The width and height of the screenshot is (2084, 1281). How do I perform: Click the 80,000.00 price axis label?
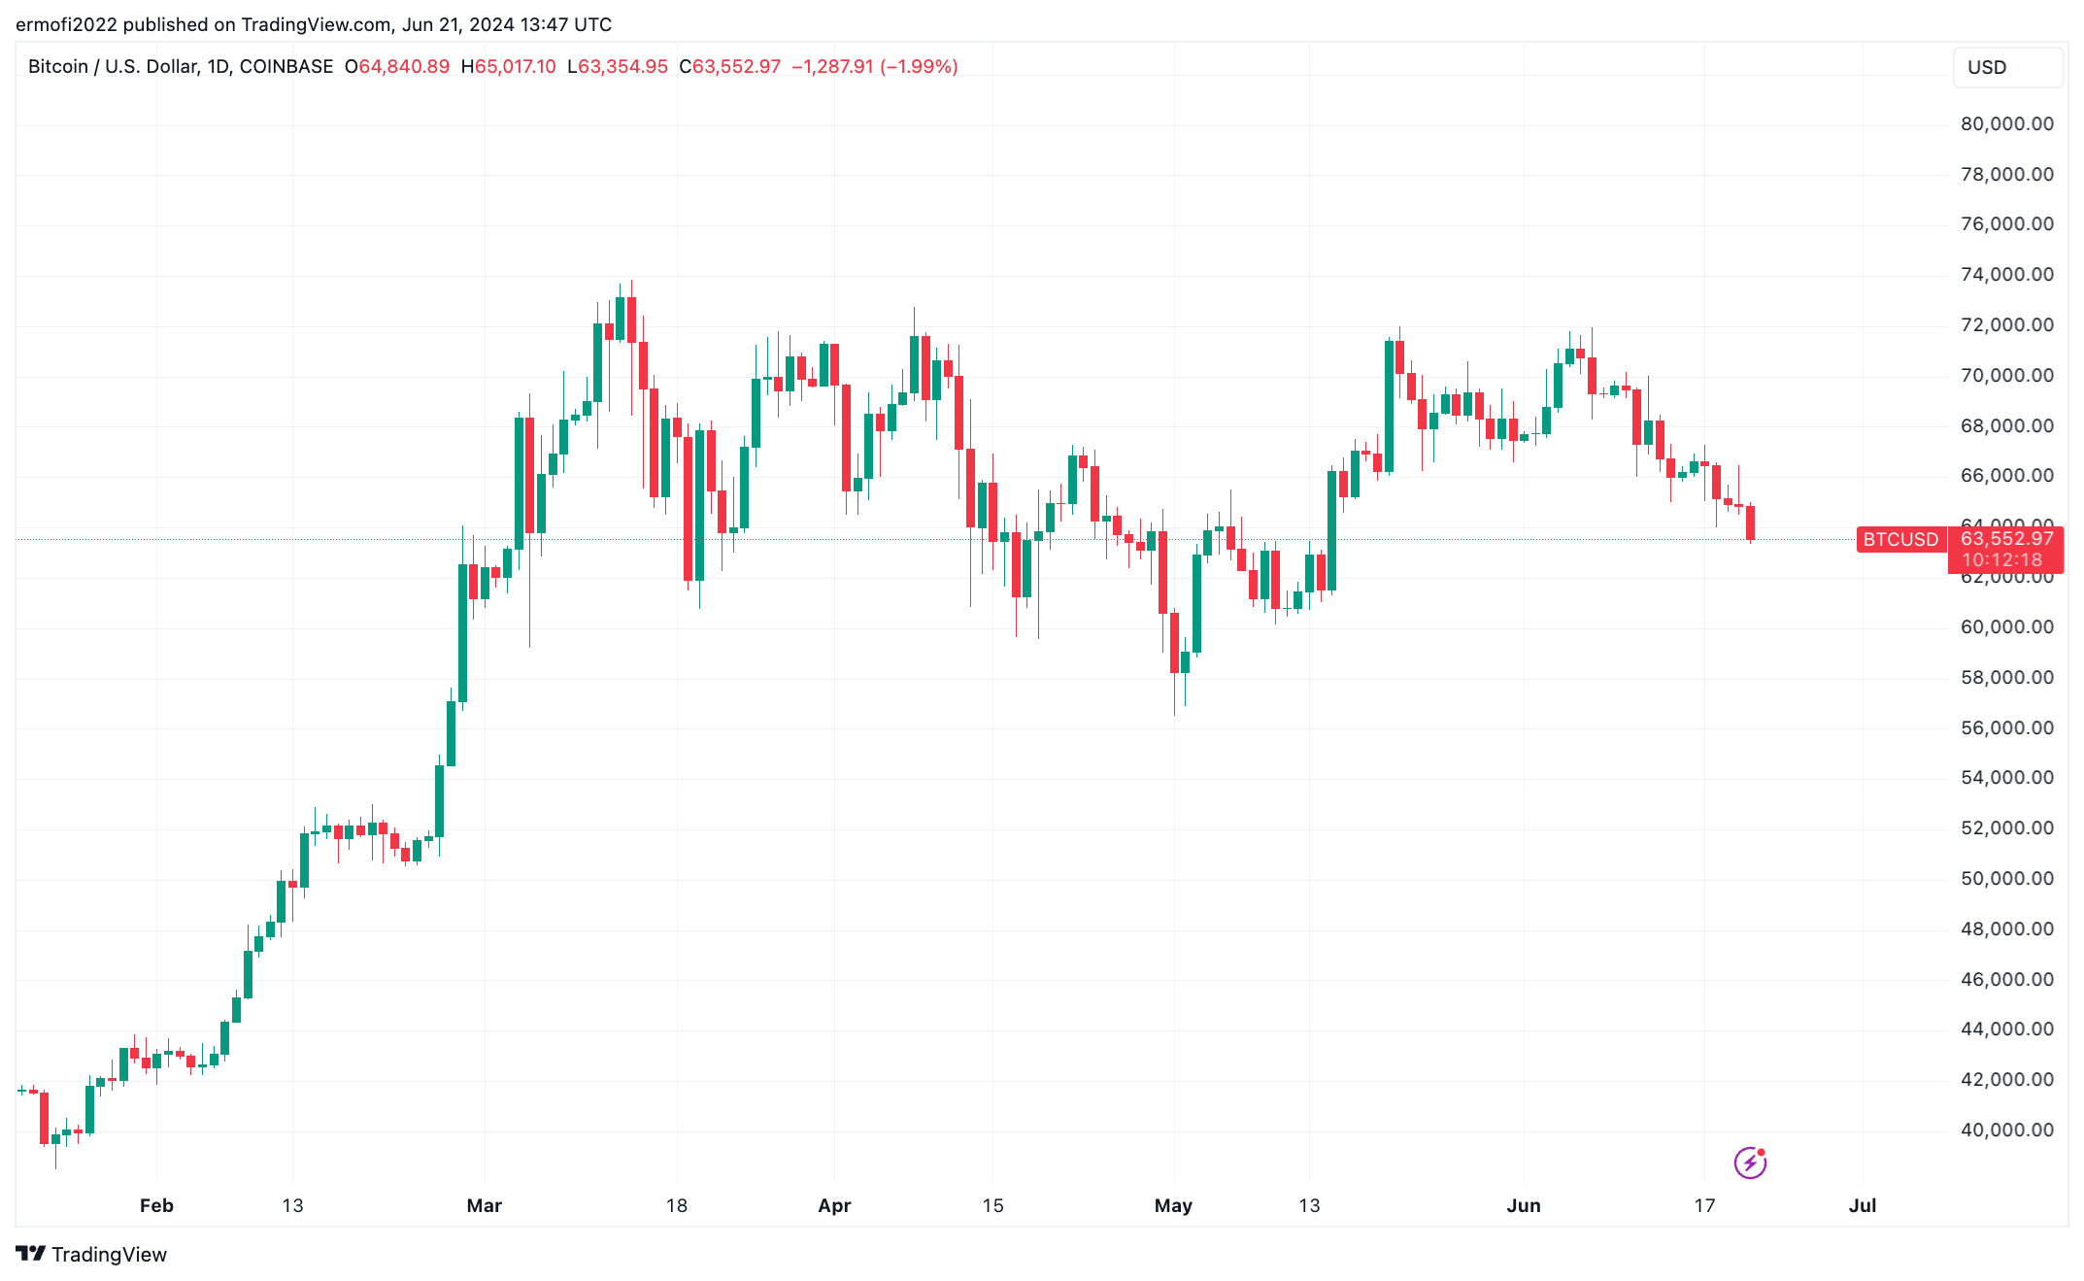(2006, 124)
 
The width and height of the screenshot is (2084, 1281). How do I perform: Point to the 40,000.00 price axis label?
(2006, 1129)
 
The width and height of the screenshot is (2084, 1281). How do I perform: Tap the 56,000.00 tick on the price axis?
(2006, 727)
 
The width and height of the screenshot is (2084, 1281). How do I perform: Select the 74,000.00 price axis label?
(2006, 275)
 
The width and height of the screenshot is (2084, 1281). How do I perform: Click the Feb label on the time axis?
(156, 1205)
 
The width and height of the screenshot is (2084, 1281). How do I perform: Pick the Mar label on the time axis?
(484, 1205)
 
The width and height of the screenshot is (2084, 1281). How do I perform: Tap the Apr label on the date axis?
(834, 1205)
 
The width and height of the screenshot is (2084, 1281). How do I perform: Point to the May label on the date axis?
(1173, 1205)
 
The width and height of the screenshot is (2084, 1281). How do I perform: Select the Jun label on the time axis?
(1523, 1205)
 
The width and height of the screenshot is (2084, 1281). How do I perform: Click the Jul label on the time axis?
(1862, 1205)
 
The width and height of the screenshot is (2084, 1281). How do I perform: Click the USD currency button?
(2006, 68)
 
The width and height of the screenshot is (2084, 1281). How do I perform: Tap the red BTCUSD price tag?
(1900, 540)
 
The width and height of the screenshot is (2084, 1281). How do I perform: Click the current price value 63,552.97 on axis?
(2006, 539)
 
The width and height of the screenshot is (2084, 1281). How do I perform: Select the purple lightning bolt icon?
(1750, 1162)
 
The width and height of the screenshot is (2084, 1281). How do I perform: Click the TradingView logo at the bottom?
(91, 1254)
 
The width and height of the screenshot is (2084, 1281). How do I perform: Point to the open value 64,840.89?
(404, 67)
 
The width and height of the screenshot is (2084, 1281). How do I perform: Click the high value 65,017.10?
(515, 67)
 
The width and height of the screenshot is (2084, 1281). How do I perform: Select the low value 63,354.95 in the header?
(622, 67)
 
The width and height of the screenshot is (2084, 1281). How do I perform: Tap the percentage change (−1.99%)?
(919, 67)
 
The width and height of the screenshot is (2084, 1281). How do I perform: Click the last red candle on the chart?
(1750, 523)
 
